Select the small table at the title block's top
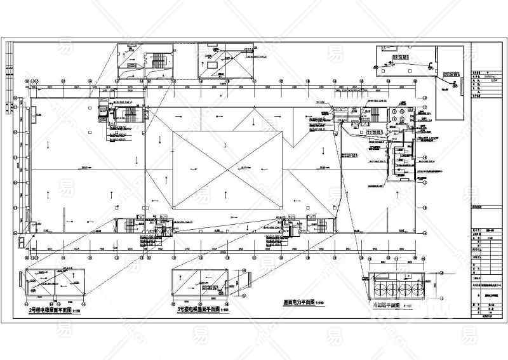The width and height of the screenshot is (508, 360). pyautogui.click(x=485, y=83)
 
